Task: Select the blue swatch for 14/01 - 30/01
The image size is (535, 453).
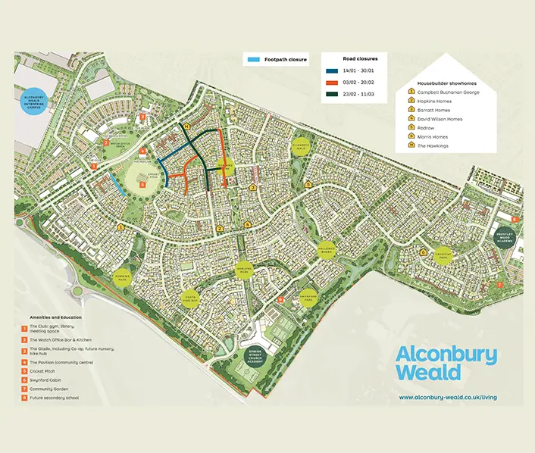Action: tap(329, 71)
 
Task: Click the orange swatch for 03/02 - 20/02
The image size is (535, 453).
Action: tap(329, 83)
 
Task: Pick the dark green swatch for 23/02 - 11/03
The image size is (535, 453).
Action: tap(329, 95)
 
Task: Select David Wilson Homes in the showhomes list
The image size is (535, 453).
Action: tap(440, 119)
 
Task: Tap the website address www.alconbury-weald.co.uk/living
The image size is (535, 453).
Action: tap(448, 397)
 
